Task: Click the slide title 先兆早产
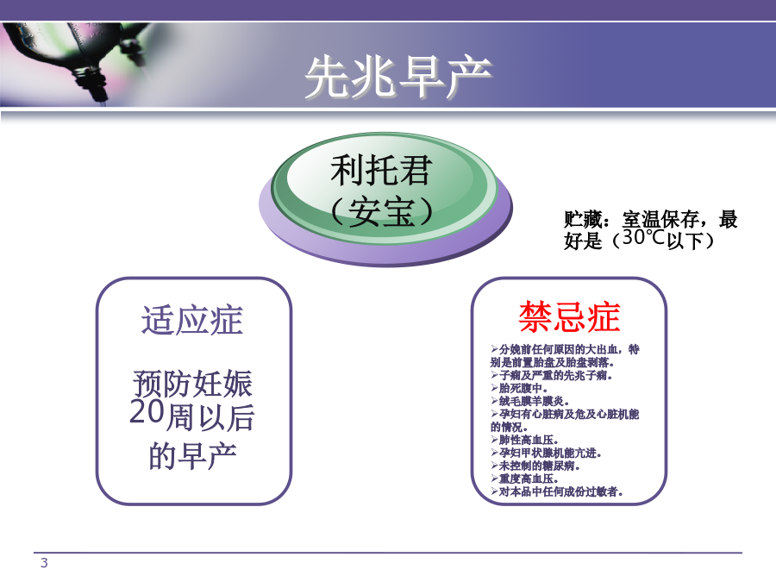(398, 77)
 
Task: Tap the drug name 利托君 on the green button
(381, 170)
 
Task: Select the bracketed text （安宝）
(381, 211)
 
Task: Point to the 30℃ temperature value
(643, 238)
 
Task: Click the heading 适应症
(192, 320)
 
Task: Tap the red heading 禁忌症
(569, 316)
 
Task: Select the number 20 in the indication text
(147, 411)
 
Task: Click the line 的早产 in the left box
(192, 456)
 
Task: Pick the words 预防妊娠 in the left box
(192, 384)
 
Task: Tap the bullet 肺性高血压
(524, 440)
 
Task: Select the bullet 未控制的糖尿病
(535, 466)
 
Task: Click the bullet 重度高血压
(524, 479)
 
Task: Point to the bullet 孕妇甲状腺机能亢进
(547, 453)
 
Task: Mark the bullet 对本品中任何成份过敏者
(557, 491)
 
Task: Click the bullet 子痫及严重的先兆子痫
(552, 376)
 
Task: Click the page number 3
(44, 563)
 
